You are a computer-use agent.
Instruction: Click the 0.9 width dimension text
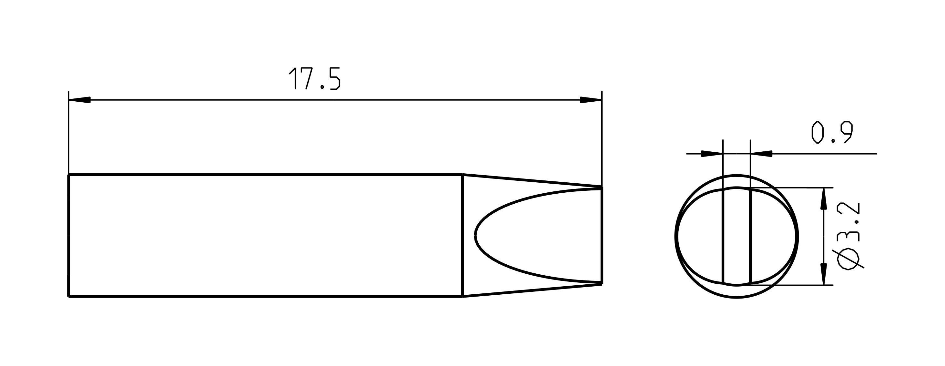pyautogui.click(x=832, y=133)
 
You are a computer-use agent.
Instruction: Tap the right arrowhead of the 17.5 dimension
pyautogui.click(x=590, y=100)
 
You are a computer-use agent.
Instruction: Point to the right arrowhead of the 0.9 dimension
pyautogui.click(x=762, y=154)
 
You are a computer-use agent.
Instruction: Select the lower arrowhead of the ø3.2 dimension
pyautogui.click(x=824, y=274)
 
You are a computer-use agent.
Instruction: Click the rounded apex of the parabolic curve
pyautogui.click(x=476, y=235)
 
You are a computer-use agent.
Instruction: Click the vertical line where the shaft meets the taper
pyautogui.click(x=462, y=235)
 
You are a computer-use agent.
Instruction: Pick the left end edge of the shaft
pyautogui.click(x=69, y=235)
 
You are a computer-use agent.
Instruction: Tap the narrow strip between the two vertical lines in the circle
pyautogui.click(x=737, y=237)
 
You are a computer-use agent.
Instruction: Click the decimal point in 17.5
pyautogui.click(x=322, y=87)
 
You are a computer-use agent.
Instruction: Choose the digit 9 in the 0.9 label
pyautogui.click(x=847, y=133)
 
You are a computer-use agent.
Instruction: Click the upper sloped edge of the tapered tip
pyautogui.click(x=532, y=181)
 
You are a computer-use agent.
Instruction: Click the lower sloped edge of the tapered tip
pyautogui.click(x=532, y=290)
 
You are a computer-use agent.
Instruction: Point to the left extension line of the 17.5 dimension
pyautogui.click(x=69, y=132)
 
